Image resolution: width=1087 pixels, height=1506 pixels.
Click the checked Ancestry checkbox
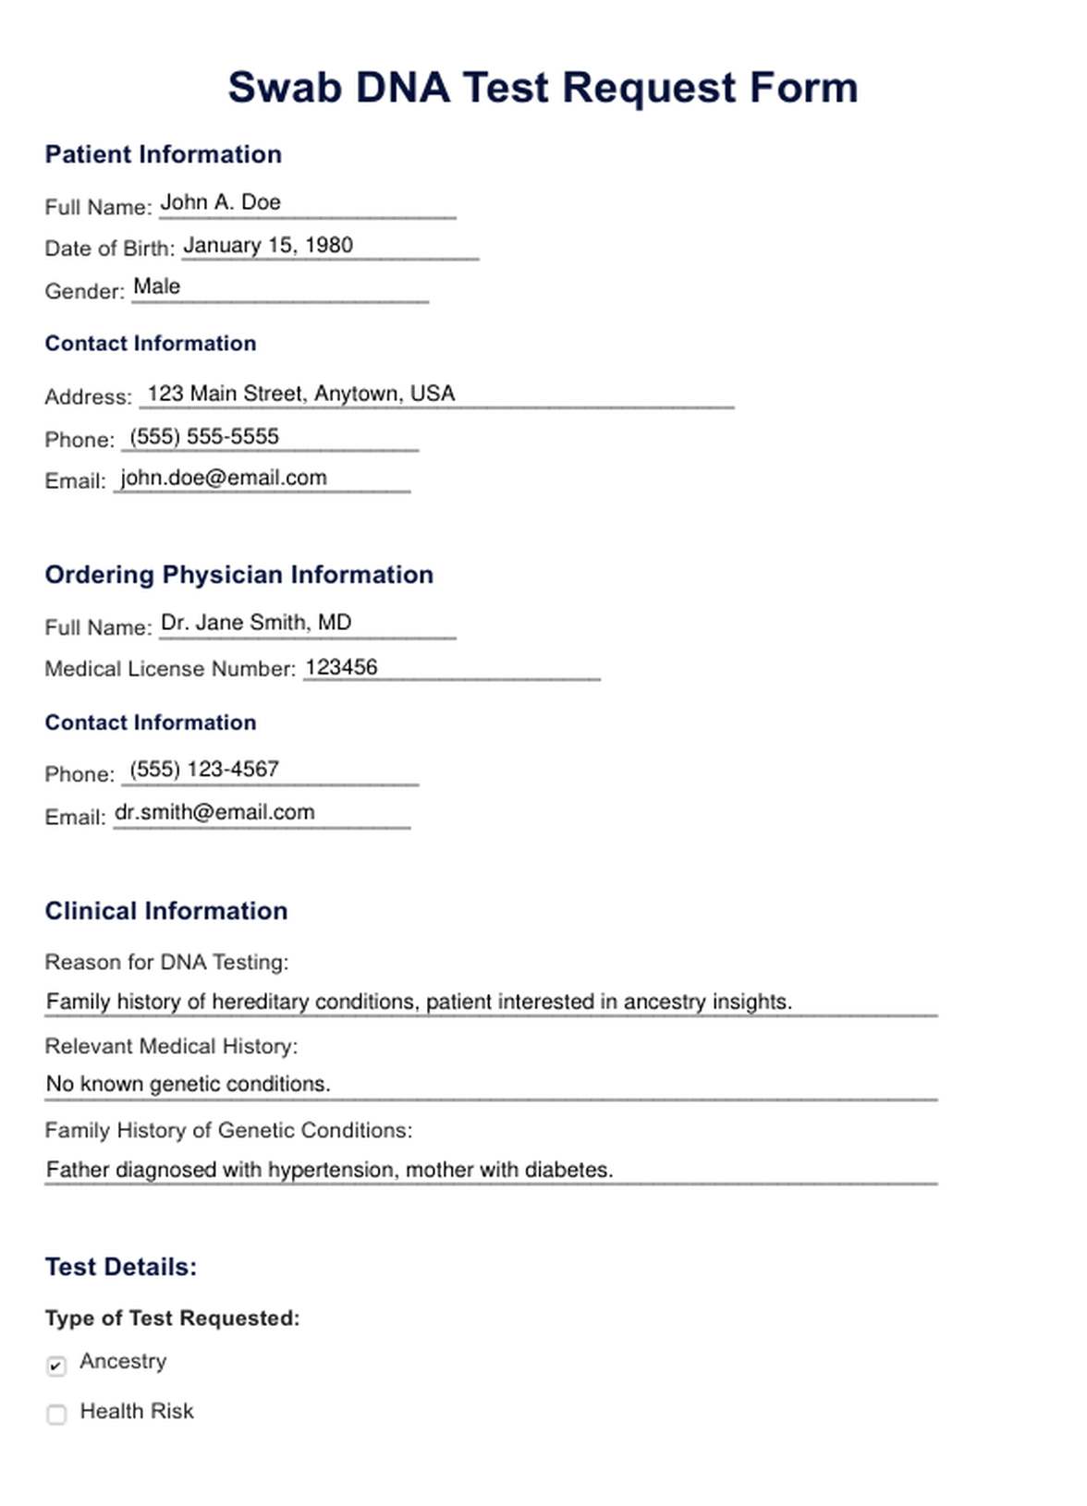pos(56,1365)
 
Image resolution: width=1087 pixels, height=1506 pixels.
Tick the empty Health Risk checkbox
pos(56,1414)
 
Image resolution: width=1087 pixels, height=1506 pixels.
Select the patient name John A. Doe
pos(221,202)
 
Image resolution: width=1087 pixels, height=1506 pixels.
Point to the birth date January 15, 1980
pos(268,245)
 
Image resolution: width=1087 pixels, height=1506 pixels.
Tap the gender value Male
pos(157,286)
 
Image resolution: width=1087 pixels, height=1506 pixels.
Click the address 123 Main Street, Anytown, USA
pos(301,394)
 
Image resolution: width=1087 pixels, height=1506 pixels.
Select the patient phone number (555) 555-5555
pos(204,436)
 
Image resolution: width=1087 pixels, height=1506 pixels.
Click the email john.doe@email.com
pos(224,478)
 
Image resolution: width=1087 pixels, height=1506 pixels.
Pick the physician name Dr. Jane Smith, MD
pos(256,623)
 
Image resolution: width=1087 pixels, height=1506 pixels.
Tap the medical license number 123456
pos(341,667)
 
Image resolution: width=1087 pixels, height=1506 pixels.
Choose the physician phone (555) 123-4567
pos(204,769)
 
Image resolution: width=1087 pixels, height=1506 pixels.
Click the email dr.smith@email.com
pos(214,812)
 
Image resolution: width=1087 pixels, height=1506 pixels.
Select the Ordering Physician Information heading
pos(238,575)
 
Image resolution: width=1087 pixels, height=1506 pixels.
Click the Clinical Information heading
pos(166,911)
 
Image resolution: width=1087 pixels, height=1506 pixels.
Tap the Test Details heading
pos(121,1267)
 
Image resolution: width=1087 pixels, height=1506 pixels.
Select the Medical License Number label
pos(170,669)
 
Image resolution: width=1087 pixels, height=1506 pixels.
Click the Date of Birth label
pos(109,249)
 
